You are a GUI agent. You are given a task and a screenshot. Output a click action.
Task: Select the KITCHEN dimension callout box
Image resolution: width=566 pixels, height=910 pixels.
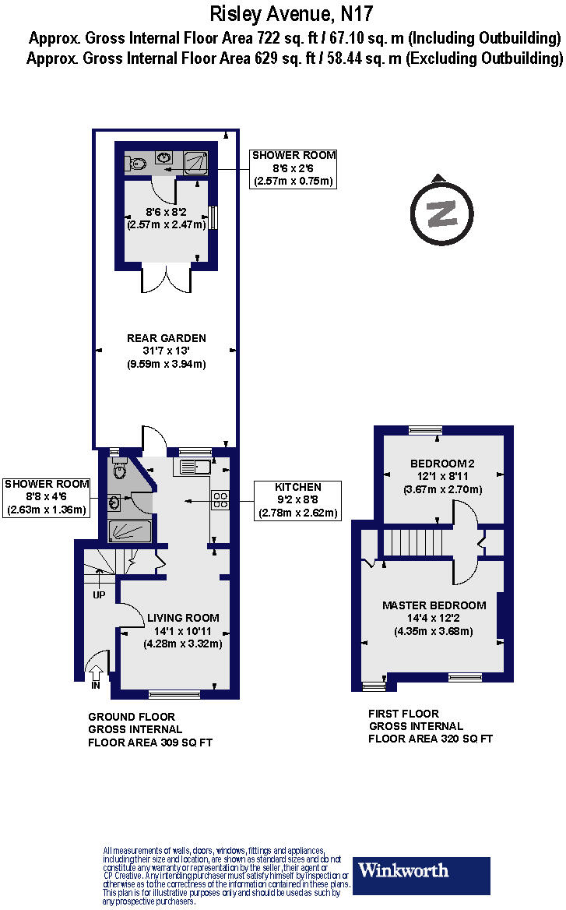[x=297, y=499]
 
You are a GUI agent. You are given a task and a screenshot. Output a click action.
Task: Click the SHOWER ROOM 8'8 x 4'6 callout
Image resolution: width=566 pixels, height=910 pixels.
[x=45, y=497]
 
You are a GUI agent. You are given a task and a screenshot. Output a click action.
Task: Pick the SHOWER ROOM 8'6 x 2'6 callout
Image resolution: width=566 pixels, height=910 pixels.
[x=294, y=168]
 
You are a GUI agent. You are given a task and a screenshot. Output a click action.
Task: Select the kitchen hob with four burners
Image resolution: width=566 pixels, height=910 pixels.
[x=220, y=499]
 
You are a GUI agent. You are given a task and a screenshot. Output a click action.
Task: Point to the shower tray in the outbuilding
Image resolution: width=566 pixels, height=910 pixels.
[x=195, y=162]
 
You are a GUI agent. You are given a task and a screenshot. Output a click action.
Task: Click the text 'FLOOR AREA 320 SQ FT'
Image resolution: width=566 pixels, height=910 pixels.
[x=431, y=739]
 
